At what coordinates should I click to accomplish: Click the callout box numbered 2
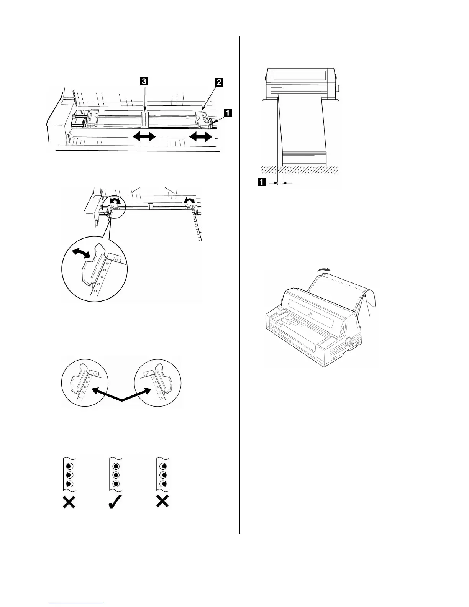click(218, 82)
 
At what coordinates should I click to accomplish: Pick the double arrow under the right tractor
click(201, 136)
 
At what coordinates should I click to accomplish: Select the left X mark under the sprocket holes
click(69, 502)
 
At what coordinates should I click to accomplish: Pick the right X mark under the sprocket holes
click(163, 502)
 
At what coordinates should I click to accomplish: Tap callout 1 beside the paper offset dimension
click(262, 183)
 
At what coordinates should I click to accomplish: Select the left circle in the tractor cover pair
click(84, 382)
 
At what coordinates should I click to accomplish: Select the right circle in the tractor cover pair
click(157, 382)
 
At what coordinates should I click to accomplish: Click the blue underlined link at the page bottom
click(77, 604)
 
